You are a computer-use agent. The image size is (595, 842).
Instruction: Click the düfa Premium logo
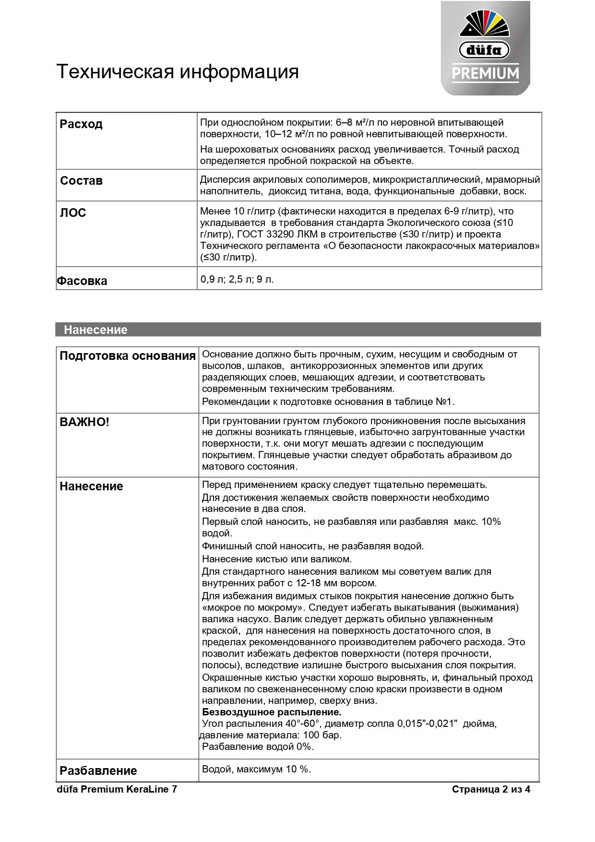(x=485, y=48)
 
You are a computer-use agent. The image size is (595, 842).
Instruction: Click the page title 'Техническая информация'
(x=178, y=71)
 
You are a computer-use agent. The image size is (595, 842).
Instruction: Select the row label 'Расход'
(x=81, y=124)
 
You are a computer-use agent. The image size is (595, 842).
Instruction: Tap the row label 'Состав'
(x=81, y=181)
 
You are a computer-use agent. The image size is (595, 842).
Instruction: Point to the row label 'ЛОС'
(x=73, y=213)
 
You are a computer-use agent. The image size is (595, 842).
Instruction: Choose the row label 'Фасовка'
(x=82, y=281)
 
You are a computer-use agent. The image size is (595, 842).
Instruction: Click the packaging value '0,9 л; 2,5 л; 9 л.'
(x=237, y=279)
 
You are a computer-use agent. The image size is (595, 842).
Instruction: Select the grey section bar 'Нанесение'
(x=298, y=330)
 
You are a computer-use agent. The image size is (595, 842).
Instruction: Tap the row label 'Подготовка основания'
(x=128, y=356)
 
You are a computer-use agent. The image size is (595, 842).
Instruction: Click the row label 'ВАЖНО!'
(x=84, y=422)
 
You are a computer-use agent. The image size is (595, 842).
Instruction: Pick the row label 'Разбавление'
(x=98, y=771)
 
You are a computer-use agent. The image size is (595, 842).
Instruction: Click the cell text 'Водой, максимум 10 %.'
(x=256, y=769)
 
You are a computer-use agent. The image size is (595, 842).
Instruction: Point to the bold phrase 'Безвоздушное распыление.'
(x=272, y=712)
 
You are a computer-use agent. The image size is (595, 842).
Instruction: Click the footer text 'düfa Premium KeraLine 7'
(x=117, y=789)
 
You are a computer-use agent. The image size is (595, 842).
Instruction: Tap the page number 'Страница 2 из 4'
(x=491, y=789)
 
